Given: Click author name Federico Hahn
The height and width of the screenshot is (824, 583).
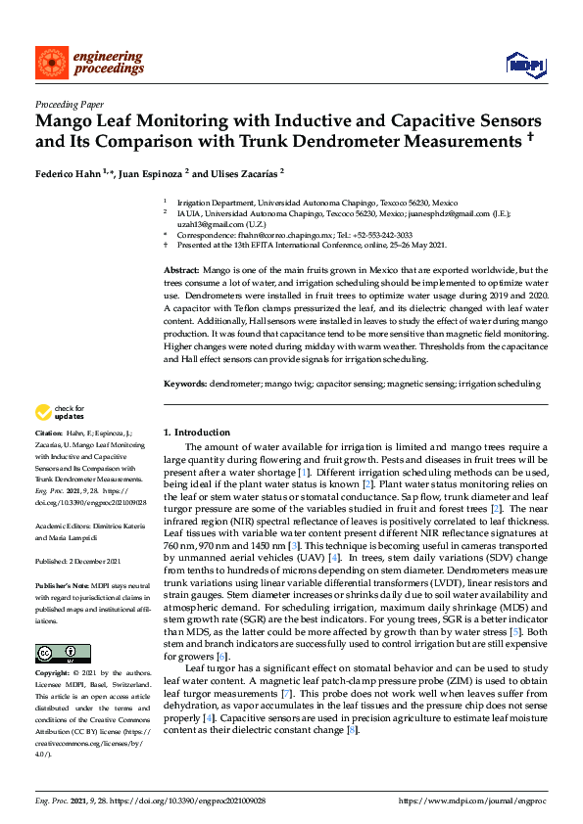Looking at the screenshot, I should click(70, 173).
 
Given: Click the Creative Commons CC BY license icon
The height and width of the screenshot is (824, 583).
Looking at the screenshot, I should click(63, 654).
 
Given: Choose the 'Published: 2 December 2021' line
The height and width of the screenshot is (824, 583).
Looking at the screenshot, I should click(78, 561).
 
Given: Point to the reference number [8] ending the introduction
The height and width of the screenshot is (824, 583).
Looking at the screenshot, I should click(352, 730).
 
